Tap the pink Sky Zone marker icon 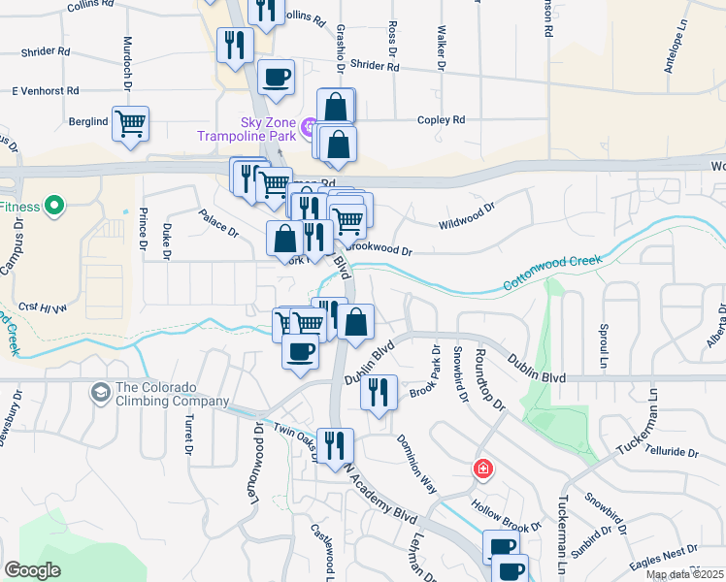pos(310,126)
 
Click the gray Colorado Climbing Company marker pos(99,393)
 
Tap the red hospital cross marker pos(482,470)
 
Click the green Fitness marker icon pos(54,206)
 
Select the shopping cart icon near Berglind pos(130,123)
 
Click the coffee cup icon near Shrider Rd pos(277,77)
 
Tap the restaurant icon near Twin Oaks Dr pos(335,445)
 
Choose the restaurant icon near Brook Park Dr pos(378,392)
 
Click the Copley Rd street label pos(441,120)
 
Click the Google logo pos(32,570)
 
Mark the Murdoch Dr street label pos(127,64)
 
